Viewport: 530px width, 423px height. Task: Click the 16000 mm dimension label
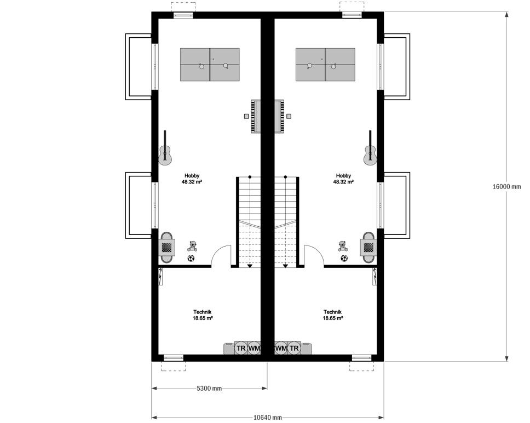pyautogui.click(x=506, y=186)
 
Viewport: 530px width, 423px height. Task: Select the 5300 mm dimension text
pyautogui.click(x=209, y=388)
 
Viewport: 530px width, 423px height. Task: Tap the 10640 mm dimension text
pyautogui.click(x=267, y=418)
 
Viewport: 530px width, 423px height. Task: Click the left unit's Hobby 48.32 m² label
pyautogui.click(x=192, y=179)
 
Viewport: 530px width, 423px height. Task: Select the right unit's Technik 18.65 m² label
pyautogui.click(x=333, y=315)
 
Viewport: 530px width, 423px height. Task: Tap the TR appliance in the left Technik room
pyautogui.click(x=240, y=348)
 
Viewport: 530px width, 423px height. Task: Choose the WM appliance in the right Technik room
pyautogui.click(x=281, y=348)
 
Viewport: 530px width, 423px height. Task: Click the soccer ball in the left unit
pyautogui.click(x=191, y=258)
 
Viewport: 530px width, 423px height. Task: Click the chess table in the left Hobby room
pyautogui.click(x=167, y=247)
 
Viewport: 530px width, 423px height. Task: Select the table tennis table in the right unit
pyautogui.click(x=325, y=65)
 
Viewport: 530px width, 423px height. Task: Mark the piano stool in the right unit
pyautogui.click(x=289, y=116)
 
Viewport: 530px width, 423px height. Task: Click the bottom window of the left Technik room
pyautogui.click(x=173, y=358)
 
